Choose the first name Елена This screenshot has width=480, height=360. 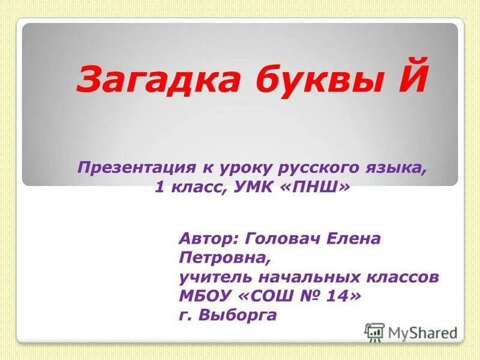pyautogui.click(x=353, y=239)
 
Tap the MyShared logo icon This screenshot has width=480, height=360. pyautogui.click(x=374, y=332)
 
